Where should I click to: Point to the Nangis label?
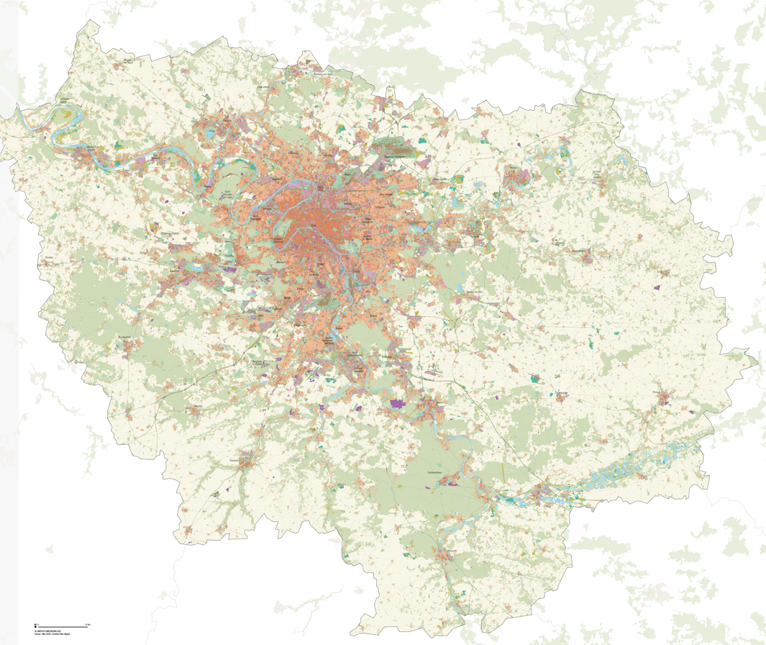click(563, 393)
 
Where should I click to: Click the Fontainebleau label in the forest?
click(438, 472)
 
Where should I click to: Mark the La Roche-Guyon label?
click(67, 101)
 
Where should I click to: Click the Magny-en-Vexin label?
click(129, 60)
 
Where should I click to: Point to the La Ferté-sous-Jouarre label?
click(596, 173)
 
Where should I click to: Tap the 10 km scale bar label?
click(87, 623)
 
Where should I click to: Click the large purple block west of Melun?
click(397, 405)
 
